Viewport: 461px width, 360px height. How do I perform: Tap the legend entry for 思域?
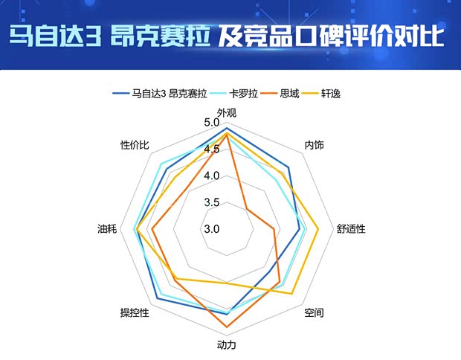click(290, 94)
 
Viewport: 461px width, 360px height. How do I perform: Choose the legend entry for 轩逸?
click(331, 94)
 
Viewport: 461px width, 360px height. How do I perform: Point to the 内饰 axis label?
click(315, 145)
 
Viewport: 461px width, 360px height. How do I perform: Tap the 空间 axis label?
click(314, 313)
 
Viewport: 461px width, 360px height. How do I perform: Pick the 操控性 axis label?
click(135, 312)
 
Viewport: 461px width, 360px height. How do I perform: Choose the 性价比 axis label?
click(135, 145)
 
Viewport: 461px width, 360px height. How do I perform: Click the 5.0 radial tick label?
click(212, 123)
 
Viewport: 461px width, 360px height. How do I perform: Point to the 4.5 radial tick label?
click(212, 150)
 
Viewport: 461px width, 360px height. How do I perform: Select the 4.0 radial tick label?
click(212, 176)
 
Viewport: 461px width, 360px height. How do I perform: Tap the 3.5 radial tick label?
click(212, 202)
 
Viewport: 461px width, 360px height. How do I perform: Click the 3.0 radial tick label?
click(212, 229)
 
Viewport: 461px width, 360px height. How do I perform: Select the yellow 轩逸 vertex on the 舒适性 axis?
click(318, 228)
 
